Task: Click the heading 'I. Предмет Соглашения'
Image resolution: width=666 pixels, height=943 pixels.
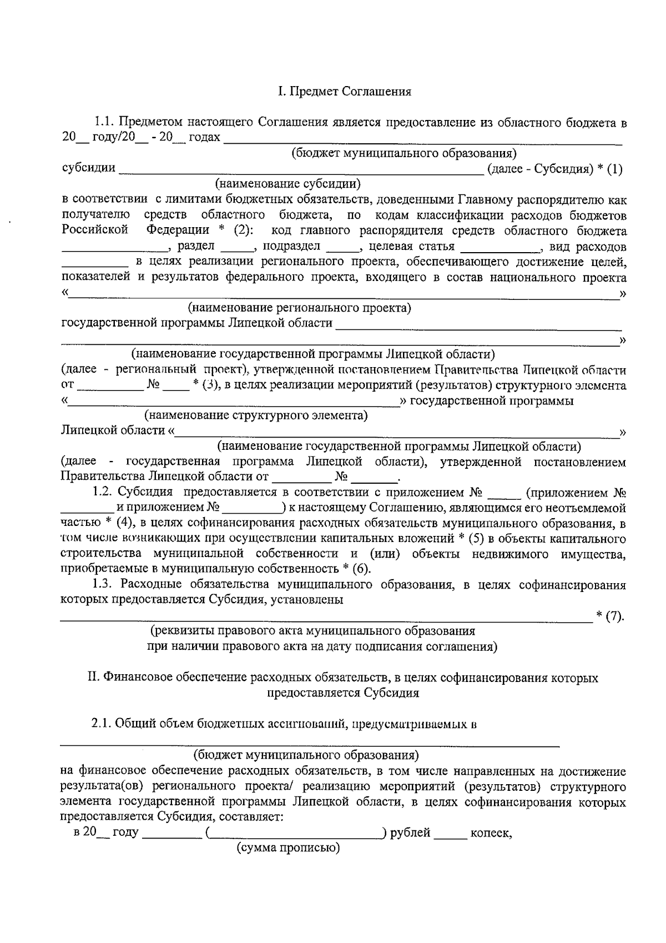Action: tap(344, 92)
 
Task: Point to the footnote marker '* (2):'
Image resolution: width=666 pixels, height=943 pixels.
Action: tap(233, 230)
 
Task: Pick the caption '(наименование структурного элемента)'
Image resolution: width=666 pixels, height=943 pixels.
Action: tap(256, 415)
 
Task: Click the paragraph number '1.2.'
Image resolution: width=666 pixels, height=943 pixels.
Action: tap(103, 492)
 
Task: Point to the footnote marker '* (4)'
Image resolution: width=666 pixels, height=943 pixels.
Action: tap(117, 523)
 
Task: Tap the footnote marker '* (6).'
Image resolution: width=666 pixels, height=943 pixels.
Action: tap(356, 569)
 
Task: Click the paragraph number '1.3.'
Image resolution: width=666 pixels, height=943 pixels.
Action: tap(103, 584)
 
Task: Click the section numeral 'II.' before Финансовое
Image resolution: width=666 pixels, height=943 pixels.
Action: tap(94, 678)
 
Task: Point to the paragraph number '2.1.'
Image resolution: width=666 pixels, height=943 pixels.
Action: tap(102, 724)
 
